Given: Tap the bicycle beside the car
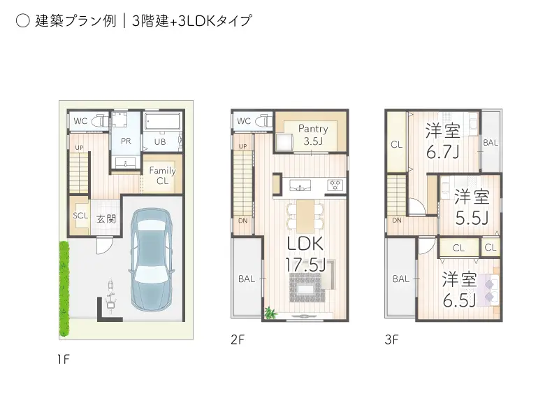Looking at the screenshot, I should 110,297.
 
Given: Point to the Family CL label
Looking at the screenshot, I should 162,176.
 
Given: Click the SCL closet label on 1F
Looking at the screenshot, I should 80,216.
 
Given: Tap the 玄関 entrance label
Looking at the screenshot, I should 106,218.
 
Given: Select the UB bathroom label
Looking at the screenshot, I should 160,141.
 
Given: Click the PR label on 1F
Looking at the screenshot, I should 126,141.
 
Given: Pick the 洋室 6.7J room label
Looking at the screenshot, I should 442,139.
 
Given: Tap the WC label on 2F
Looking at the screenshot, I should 243,121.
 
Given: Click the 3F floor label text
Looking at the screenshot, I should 391,341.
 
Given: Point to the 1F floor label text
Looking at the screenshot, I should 64,360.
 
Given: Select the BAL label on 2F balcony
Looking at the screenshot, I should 247,279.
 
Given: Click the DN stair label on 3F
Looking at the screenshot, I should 396,220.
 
